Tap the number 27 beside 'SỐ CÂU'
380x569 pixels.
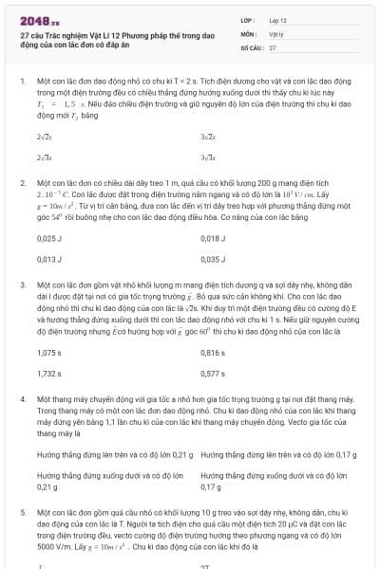(x=273, y=46)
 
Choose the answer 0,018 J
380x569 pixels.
(x=214, y=239)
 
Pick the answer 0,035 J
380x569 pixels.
(x=214, y=259)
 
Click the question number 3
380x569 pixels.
(x=22, y=284)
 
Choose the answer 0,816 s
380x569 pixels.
(x=214, y=352)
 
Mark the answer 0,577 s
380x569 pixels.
(x=214, y=373)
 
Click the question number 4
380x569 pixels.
(x=22, y=399)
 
